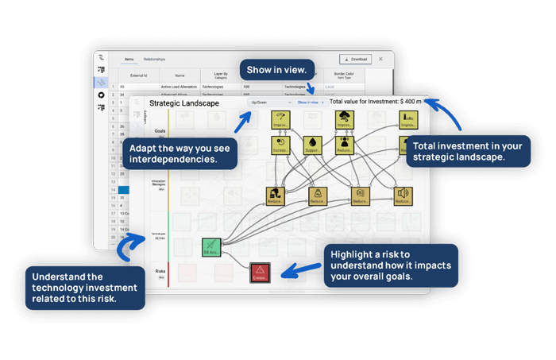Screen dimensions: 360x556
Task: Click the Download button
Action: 356,59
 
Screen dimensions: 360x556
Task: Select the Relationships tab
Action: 154,59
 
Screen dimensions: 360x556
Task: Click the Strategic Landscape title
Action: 186,103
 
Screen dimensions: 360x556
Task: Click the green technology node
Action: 211,248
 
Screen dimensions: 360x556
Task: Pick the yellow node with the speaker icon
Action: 403,196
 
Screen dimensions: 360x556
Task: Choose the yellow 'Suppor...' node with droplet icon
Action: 312,145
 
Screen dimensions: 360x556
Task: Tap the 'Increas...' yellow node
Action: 281,145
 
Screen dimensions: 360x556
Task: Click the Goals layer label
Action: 160,130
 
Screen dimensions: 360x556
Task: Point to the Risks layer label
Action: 160,271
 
